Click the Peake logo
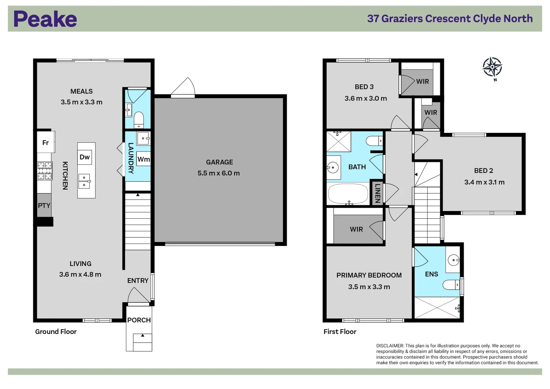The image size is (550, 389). [x=45, y=19]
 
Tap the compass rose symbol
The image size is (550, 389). [x=492, y=67]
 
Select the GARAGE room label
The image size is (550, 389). [x=219, y=162]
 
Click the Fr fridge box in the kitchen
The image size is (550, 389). [x=45, y=143]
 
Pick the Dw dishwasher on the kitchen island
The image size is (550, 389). [x=85, y=157]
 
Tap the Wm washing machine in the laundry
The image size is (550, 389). [x=143, y=159]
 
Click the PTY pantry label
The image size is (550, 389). [x=44, y=205]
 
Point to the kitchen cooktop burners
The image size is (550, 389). [x=45, y=171]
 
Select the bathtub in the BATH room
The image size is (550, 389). [x=348, y=194]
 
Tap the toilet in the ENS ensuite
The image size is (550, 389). [x=451, y=285]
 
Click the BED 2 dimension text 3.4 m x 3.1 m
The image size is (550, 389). [x=484, y=182]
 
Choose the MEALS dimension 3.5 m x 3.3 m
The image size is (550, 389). [x=81, y=102]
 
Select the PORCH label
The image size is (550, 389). [x=139, y=320]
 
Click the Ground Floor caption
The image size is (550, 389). [x=56, y=332]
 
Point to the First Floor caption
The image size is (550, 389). [x=340, y=332]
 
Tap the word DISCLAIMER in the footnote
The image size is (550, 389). [x=390, y=346]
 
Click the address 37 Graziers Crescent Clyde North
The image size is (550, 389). [x=450, y=19]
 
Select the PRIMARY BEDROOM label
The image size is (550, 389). [x=369, y=275]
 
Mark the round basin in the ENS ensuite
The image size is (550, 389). [x=453, y=260]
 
